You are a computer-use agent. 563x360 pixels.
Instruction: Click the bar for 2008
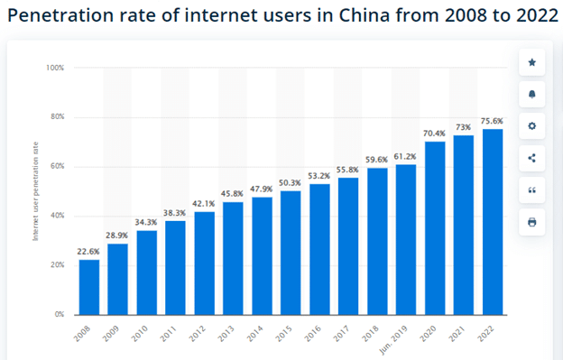(x=88, y=287)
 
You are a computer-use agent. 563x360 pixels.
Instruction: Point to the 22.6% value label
(x=88, y=253)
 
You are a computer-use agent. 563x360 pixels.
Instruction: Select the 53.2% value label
(x=319, y=177)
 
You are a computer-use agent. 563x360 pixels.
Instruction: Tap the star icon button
(x=531, y=62)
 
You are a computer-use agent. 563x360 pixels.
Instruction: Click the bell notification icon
(x=531, y=94)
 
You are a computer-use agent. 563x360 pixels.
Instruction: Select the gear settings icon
(x=531, y=126)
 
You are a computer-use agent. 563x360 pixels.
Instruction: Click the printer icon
(x=531, y=222)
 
